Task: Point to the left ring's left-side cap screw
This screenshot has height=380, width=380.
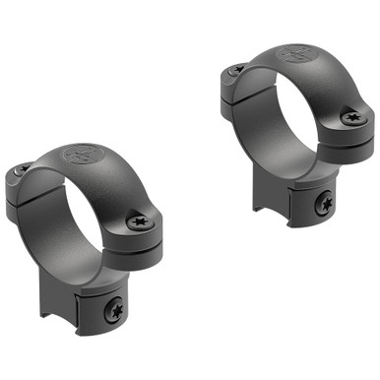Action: (x=21, y=170)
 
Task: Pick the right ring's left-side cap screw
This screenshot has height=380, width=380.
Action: (x=236, y=70)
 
